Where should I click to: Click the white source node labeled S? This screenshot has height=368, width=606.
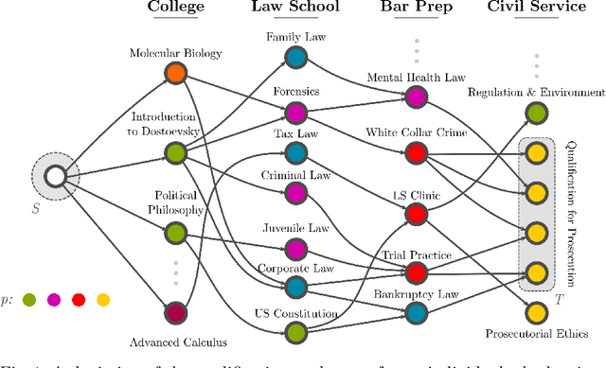coord(54,176)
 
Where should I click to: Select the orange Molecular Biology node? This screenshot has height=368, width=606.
coord(174,72)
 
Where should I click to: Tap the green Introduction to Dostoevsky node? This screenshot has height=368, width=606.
coord(174,152)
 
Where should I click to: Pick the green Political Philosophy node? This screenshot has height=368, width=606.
coord(174,232)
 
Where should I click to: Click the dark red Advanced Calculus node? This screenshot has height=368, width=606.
coord(174,312)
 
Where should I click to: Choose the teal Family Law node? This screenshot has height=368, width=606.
coord(296,59)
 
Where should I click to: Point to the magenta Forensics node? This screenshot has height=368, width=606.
coord(296,114)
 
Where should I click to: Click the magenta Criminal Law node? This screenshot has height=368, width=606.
coord(296,193)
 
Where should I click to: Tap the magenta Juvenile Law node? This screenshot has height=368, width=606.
coord(296,249)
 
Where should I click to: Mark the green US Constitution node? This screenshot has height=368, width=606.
coord(296,332)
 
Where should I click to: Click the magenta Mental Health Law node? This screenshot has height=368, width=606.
coord(417,96)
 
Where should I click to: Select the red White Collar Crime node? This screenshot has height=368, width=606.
coord(417,151)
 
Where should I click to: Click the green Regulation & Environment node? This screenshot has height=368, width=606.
coord(537,114)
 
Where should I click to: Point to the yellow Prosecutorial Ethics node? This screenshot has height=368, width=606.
coord(537,313)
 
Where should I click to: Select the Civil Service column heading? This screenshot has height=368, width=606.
coord(537,9)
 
